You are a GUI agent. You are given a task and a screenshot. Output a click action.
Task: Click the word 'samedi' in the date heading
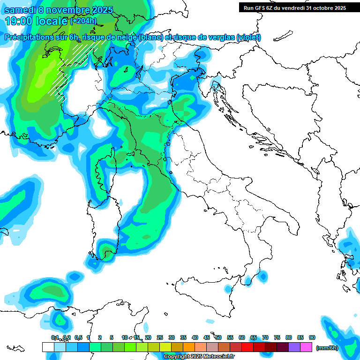(19, 10)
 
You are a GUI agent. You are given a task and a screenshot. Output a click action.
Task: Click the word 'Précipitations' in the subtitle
(27, 37)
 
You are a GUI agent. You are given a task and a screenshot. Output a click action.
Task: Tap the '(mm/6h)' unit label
(327, 347)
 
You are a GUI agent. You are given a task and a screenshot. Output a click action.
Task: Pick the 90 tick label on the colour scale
(312, 337)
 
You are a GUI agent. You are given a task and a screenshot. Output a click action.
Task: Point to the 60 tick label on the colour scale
(242, 337)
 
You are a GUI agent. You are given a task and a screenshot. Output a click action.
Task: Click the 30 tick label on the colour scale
(172, 337)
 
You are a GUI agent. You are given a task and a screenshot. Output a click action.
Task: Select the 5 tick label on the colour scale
(112, 337)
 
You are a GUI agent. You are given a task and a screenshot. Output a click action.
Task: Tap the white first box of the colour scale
(48, 347)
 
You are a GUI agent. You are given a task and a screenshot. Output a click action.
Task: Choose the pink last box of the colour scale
(306, 347)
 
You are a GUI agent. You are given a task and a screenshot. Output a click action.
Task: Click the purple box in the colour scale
(294, 347)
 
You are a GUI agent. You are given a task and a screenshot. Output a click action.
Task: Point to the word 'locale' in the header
(53, 21)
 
